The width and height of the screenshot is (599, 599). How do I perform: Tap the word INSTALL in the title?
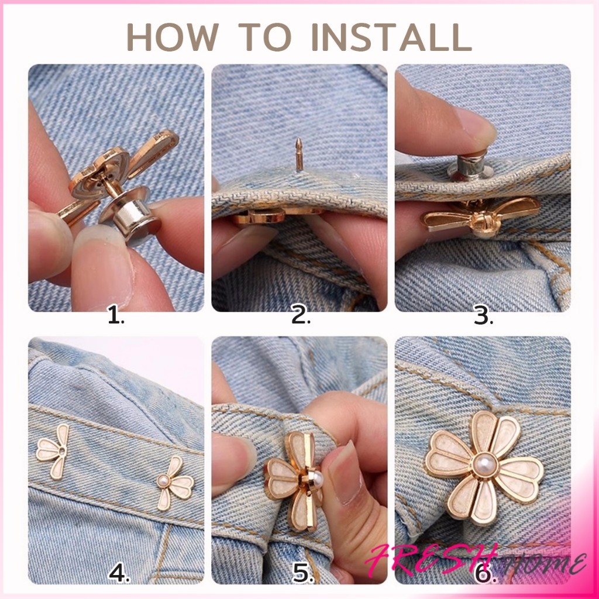tap(392, 37)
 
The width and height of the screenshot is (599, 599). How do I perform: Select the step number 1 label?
tap(116, 316)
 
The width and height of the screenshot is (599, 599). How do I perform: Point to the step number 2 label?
tap(301, 316)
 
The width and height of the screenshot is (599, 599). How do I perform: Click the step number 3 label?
tap(483, 316)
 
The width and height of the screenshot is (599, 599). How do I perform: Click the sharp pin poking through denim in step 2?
tap(299, 154)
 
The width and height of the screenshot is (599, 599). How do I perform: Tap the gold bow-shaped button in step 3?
tap(481, 216)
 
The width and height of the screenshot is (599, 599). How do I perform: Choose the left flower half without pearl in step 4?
tap(53, 451)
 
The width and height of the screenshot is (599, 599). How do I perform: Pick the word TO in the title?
tap(265, 37)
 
